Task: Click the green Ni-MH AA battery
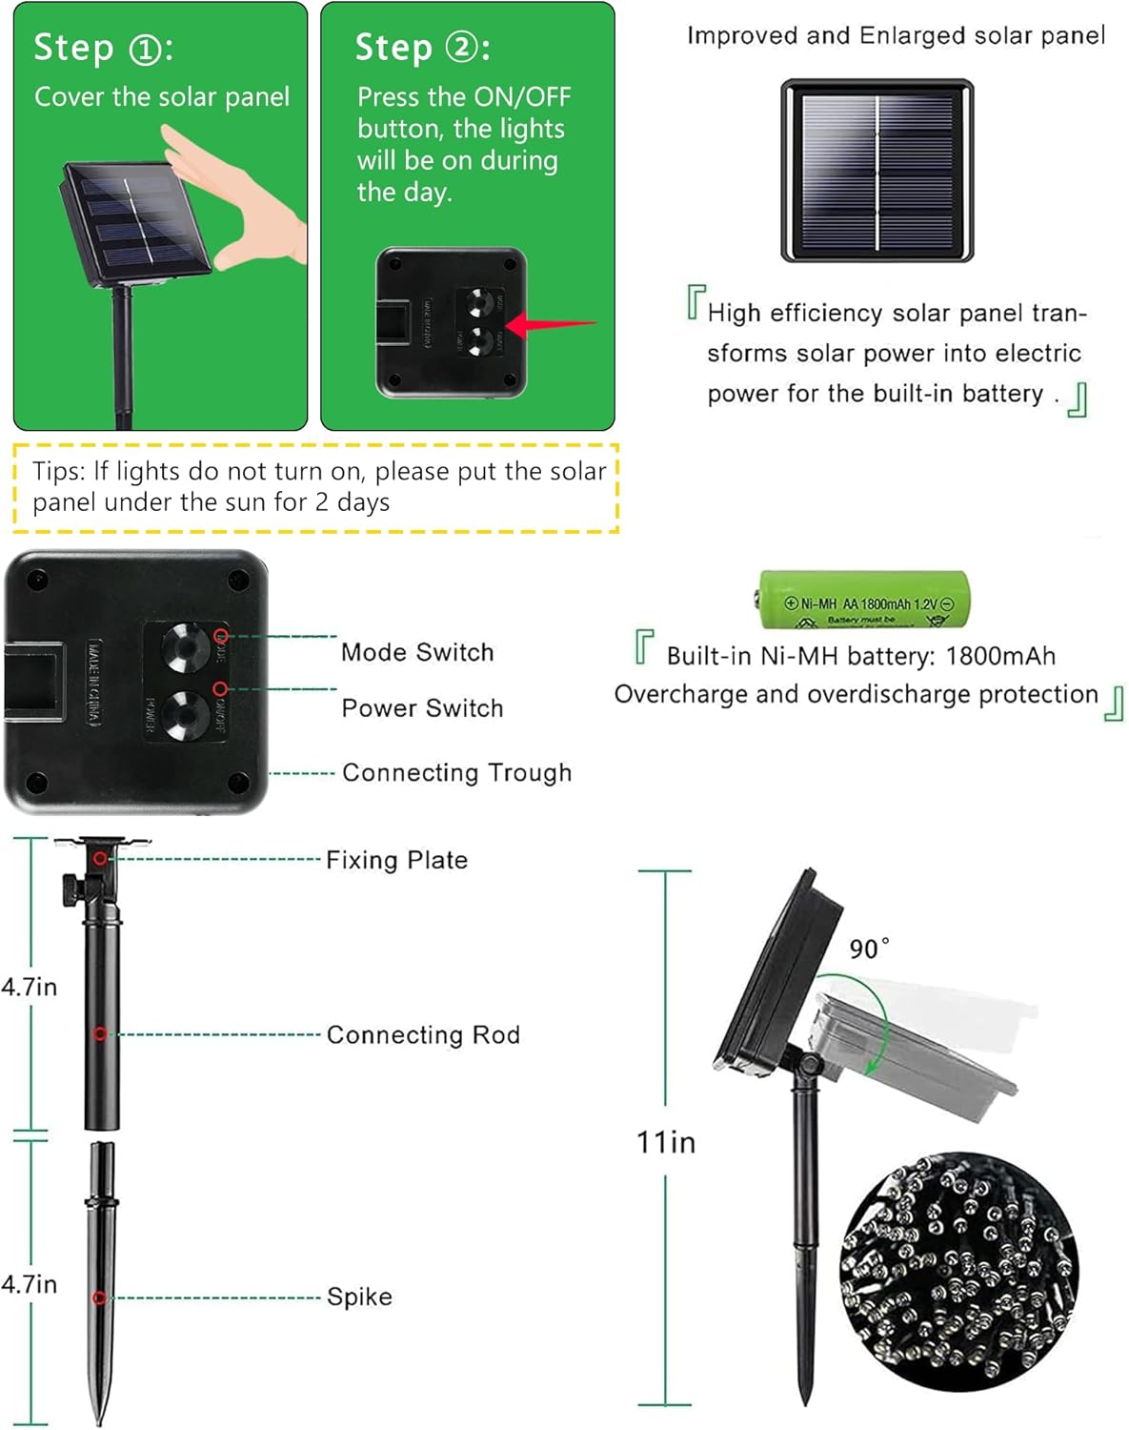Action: (x=864, y=600)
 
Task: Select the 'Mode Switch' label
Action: (x=417, y=652)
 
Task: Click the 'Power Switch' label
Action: (x=422, y=708)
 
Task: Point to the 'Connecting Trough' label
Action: (x=456, y=772)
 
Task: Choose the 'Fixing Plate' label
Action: (x=396, y=860)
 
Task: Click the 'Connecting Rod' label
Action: (x=423, y=1034)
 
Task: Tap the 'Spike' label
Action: (x=359, y=1297)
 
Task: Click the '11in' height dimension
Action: (x=665, y=1141)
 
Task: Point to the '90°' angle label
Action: (x=869, y=949)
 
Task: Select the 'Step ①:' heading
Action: (x=103, y=48)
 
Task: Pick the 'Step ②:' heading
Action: (x=422, y=48)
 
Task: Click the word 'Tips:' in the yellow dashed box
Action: (x=59, y=471)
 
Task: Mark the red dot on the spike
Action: (x=99, y=1297)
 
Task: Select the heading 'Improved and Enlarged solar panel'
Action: (x=896, y=36)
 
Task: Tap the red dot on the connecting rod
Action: (x=100, y=1033)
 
